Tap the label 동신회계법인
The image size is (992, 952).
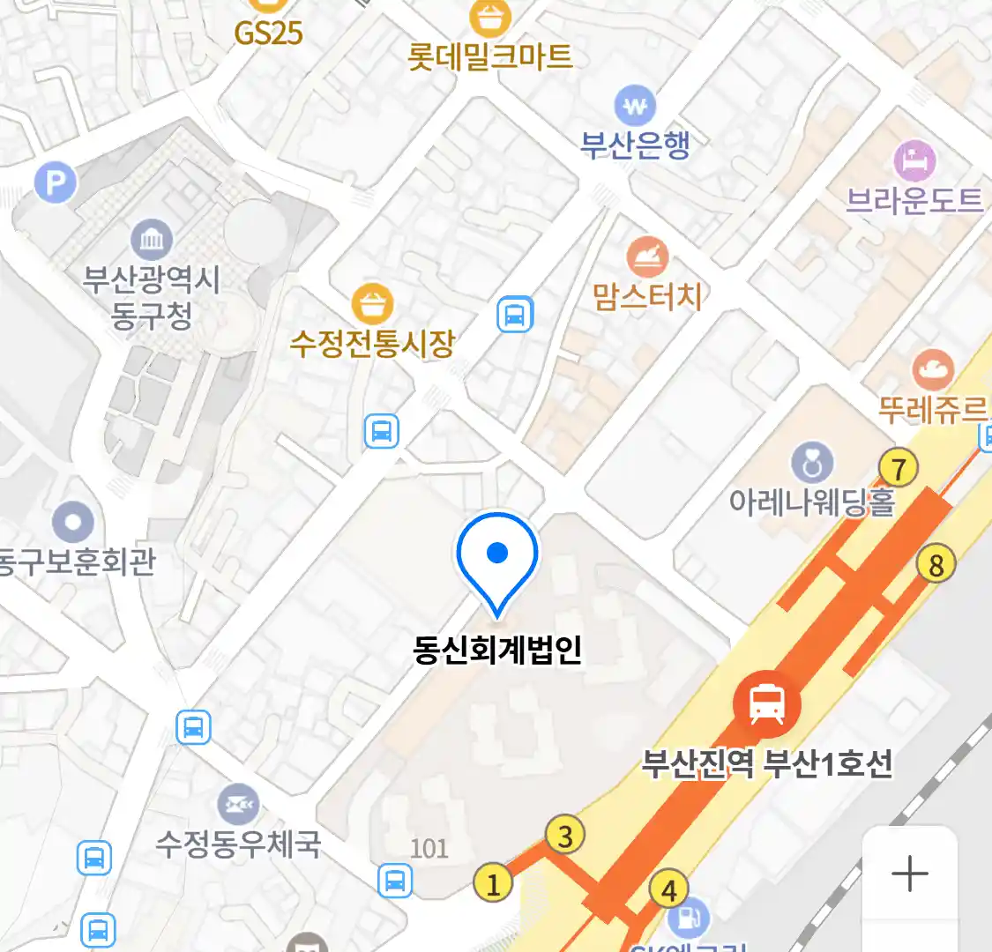coord(497,650)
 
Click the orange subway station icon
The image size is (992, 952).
coord(766,703)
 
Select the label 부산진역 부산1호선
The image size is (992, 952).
coord(766,763)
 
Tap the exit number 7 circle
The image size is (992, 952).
coord(899,469)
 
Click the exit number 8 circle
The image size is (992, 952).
coord(936,564)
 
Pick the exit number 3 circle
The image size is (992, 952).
coord(565,836)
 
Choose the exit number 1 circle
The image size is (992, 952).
coord(493,883)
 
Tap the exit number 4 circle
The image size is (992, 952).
coord(668,890)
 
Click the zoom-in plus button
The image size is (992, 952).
coord(909,874)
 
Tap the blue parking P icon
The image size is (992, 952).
coord(56,183)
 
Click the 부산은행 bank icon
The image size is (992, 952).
coord(635,108)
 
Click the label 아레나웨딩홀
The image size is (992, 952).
coord(811,502)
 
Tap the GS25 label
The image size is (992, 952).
coord(268,33)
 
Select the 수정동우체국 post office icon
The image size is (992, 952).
coord(238,804)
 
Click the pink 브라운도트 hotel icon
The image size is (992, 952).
coord(915,160)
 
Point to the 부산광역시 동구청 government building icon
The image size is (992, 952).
coord(152,240)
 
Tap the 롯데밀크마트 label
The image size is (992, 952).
coord(490,56)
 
